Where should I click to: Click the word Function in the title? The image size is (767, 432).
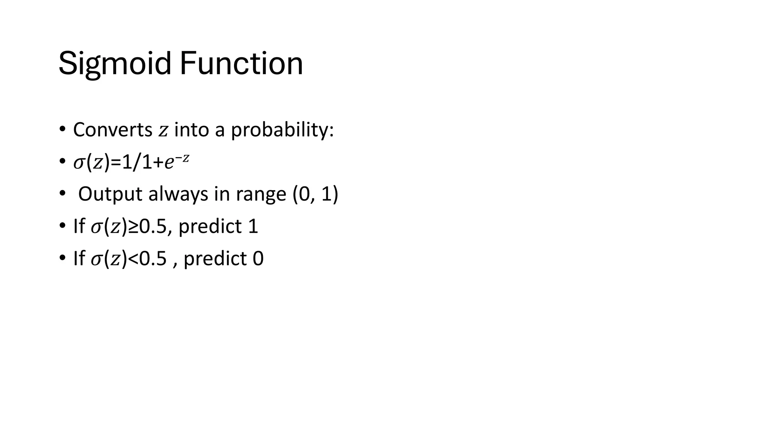(x=241, y=64)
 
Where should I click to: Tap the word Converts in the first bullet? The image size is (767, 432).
(x=112, y=130)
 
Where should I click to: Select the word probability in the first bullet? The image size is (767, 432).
(x=282, y=130)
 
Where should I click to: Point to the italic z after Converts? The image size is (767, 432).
(x=163, y=131)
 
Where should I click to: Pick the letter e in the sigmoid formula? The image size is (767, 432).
(x=169, y=163)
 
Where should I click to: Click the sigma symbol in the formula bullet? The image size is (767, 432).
(x=79, y=163)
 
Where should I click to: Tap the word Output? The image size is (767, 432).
(x=110, y=194)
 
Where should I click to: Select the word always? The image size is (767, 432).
(x=178, y=195)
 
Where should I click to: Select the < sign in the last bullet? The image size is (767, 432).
(x=133, y=259)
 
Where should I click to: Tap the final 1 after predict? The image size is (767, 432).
(x=253, y=226)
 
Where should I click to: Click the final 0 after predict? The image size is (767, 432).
(x=258, y=259)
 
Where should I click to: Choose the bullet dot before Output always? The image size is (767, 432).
(x=62, y=194)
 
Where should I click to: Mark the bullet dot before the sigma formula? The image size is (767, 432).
(x=62, y=162)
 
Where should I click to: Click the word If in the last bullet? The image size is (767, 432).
(x=79, y=259)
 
